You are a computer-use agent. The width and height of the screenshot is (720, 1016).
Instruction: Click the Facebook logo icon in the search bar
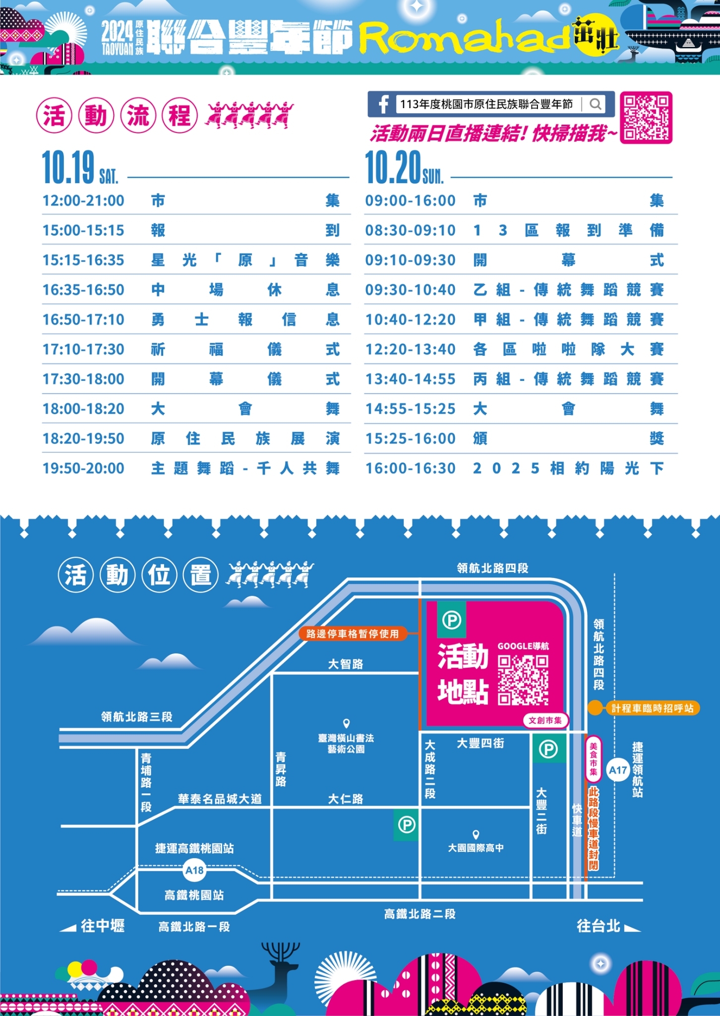383,104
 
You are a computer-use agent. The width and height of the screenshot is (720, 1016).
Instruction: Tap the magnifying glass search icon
596,104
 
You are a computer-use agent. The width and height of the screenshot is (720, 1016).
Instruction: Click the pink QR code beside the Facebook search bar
646,118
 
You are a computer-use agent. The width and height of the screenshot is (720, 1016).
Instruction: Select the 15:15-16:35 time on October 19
83,260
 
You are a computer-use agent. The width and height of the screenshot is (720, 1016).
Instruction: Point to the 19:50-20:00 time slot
83,468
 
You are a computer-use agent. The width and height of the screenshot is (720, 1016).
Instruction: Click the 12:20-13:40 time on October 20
410,349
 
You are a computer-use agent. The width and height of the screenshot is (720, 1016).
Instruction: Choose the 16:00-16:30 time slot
410,468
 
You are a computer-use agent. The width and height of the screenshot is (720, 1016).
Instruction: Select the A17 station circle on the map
618,770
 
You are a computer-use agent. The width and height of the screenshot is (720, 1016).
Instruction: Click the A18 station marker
194,871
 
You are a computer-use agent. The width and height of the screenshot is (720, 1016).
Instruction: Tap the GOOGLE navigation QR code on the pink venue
523,680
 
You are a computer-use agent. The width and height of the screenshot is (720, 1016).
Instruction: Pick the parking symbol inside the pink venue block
452,620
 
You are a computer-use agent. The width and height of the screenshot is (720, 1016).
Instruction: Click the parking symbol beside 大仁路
407,825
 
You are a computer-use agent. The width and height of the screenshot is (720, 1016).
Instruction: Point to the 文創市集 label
545,720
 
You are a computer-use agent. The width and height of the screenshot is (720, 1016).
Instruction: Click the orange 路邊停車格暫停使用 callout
353,634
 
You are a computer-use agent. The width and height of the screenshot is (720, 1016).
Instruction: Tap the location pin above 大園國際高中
476,835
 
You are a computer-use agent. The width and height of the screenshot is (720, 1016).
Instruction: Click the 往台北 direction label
599,926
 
